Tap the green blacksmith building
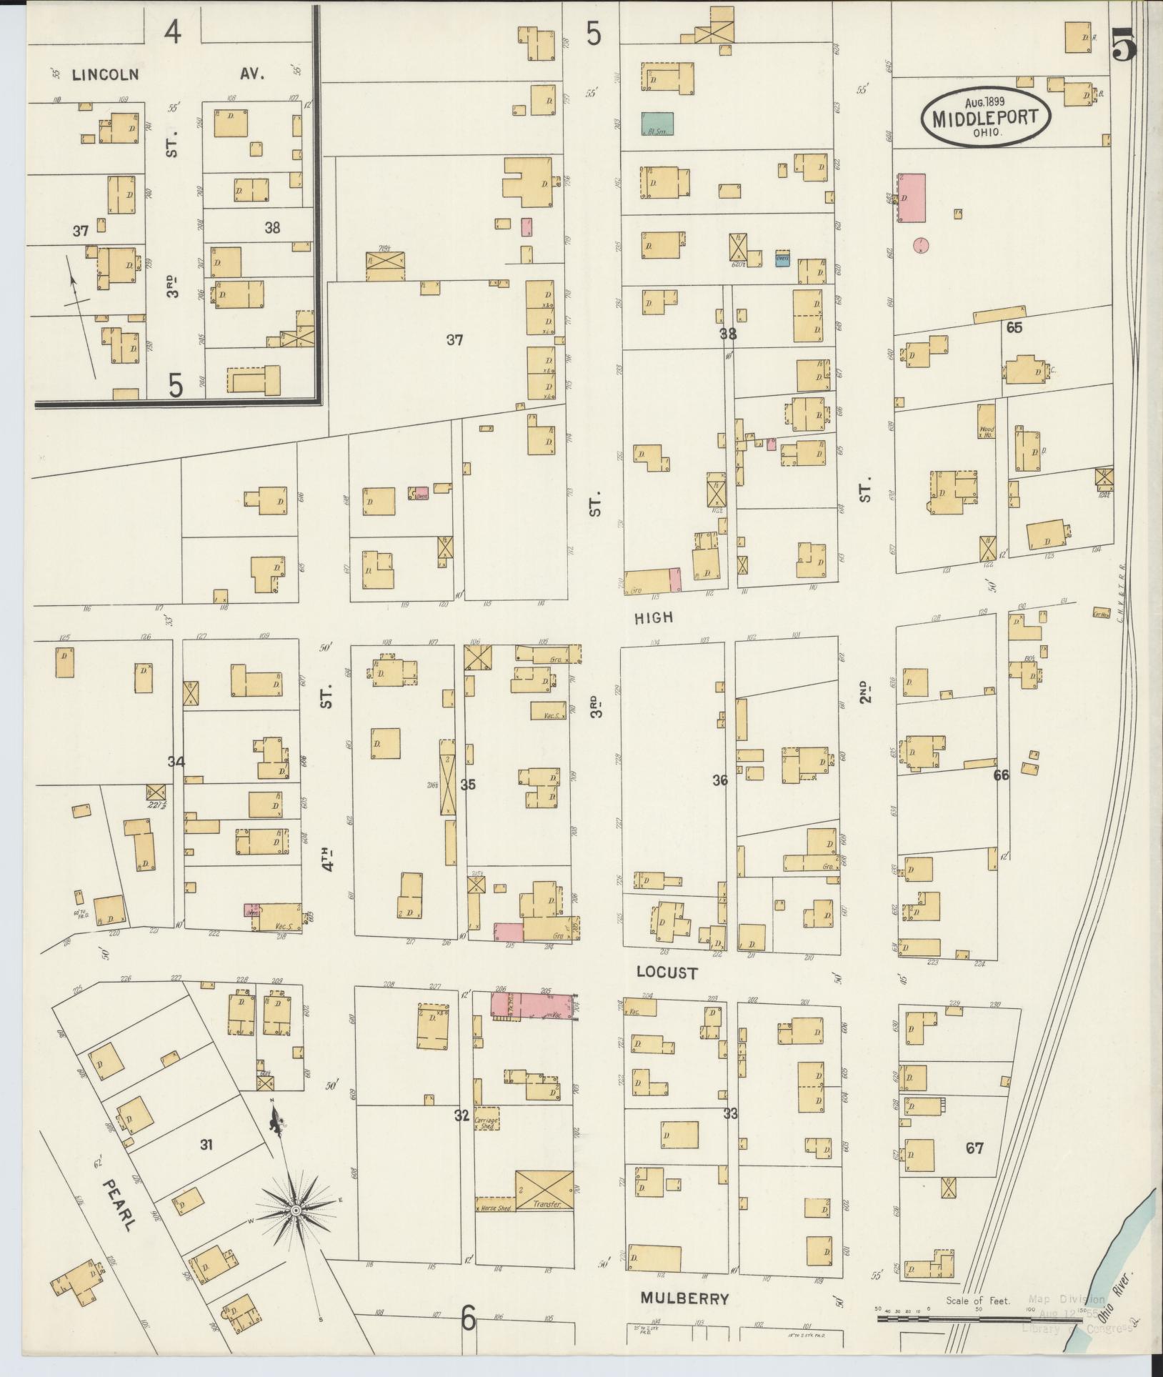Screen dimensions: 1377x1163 (x=657, y=124)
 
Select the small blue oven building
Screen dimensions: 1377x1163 (x=782, y=259)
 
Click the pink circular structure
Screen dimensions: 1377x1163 (x=922, y=246)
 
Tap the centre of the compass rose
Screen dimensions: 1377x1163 (x=294, y=1209)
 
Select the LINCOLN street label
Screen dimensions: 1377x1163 (x=105, y=74)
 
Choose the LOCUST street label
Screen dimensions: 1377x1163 (x=666, y=973)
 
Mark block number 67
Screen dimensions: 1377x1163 (x=974, y=1148)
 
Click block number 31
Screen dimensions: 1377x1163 (x=206, y=1145)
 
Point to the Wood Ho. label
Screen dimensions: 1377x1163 (x=987, y=432)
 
